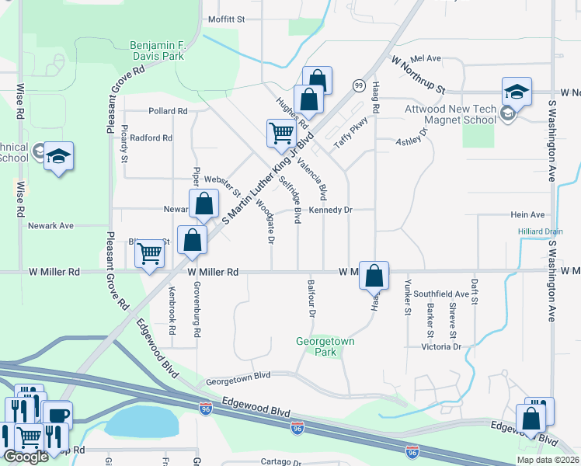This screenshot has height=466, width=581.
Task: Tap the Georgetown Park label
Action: click(x=325, y=346)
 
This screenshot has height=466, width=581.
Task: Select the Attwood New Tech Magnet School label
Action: click(x=451, y=115)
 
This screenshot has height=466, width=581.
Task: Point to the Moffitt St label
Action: click(x=226, y=19)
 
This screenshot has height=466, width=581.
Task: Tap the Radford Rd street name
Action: click(x=151, y=137)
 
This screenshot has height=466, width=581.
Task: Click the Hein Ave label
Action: click(x=527, y=215)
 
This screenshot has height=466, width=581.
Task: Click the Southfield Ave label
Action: click(x=441, y=294)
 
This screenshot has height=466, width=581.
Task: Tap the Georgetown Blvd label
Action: click(x=238, y=375)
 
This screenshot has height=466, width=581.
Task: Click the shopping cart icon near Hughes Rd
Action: click(x=280, y=132)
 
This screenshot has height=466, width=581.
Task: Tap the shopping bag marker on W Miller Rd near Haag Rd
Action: click(x=374, y=275)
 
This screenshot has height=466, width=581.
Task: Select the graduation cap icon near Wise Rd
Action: click(x=58, y=156)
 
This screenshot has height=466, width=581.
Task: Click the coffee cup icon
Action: click(x=57, y=416)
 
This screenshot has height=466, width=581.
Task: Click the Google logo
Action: click(x=25, y=457)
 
